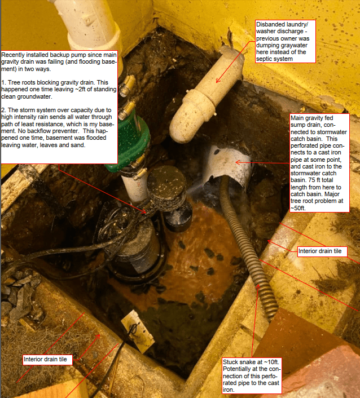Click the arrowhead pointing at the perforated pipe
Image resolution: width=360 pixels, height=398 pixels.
pyautogui.click(x=238, y=162)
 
